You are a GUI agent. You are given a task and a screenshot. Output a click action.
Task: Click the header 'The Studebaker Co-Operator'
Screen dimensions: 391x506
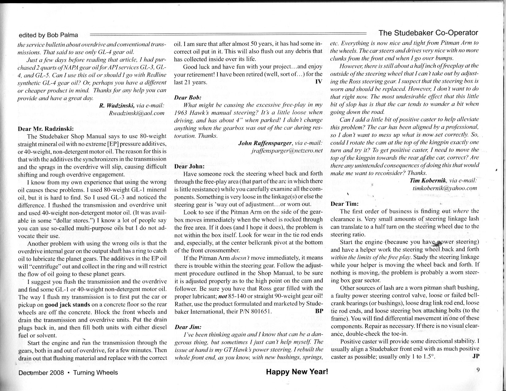tap(428, 33)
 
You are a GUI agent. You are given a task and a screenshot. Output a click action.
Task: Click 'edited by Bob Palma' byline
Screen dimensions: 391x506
tap(48, 35)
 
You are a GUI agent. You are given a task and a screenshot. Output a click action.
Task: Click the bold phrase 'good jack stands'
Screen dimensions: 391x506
tap(67, 305)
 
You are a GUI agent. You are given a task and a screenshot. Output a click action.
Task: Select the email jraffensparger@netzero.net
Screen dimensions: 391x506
tap(287, 151)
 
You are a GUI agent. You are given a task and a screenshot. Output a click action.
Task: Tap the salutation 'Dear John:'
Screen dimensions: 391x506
tap(189, 166)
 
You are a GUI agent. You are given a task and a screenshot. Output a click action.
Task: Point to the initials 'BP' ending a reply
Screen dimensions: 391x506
tap(319, 311)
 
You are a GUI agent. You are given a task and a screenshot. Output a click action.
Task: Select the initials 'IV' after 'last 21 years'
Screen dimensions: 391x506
tap(318, 82)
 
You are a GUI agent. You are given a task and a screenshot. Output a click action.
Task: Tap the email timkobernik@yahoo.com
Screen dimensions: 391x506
tap(445, 188)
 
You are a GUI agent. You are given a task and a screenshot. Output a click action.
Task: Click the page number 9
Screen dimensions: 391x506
tap(478, 370)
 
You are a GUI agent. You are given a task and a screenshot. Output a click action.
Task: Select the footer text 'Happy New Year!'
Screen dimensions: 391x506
tap(297, 372)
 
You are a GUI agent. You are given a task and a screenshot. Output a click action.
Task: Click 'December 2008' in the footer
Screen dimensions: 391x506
tap(41, 373)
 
